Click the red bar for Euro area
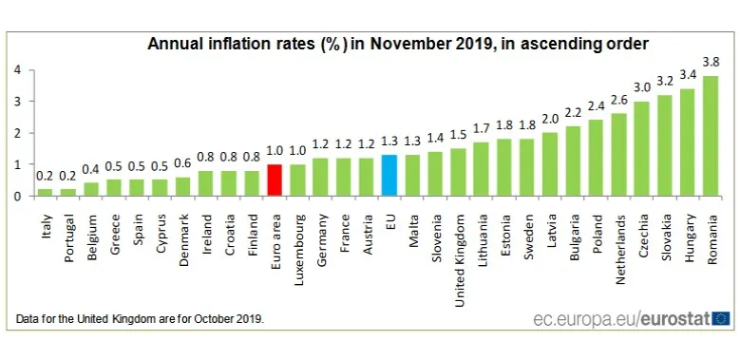point(275,180)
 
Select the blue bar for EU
point(389,176)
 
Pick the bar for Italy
point(46,192)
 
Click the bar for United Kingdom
point(458,172)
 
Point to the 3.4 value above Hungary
point(687,74)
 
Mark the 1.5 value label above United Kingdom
point(458,134)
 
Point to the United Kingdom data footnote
point(140,318)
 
